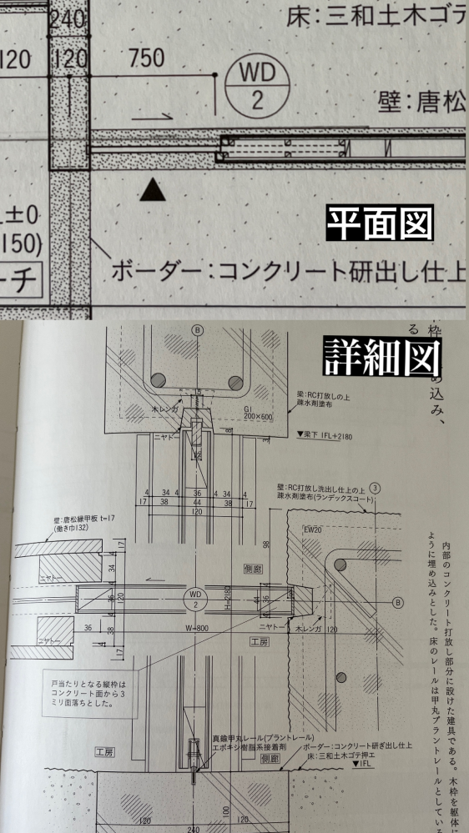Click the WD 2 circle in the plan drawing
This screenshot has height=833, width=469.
256,87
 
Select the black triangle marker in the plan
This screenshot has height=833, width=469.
151,191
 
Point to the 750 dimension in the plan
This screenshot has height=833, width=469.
147,58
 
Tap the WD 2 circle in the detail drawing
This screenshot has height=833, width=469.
194,598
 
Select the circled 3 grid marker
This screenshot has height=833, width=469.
376,487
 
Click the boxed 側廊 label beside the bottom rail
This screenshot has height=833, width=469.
270,760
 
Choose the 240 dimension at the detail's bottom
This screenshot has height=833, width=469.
195,829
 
